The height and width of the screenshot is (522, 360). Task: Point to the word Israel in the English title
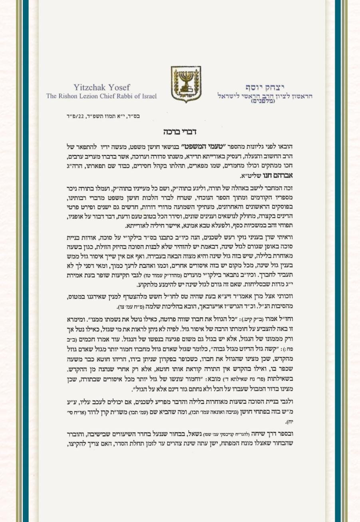(x=148, y=96)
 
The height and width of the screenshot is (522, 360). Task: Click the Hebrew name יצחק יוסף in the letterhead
(x=261, y=87)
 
